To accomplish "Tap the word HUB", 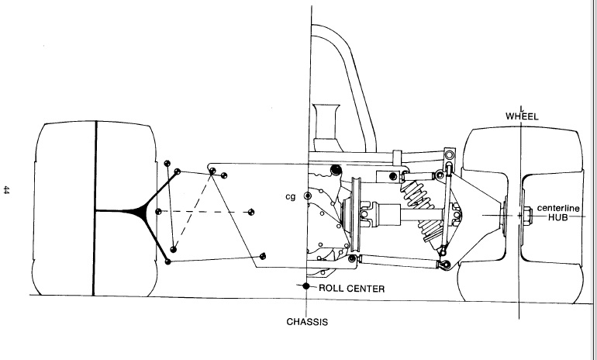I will pos(558,218).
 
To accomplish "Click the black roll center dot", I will pos(307,287).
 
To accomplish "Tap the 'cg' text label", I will pos(292,197).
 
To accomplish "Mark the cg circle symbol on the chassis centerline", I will pos(307,197).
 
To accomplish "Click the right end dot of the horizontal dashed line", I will pos(250,210).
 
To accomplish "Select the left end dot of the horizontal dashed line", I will pos(158,211).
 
